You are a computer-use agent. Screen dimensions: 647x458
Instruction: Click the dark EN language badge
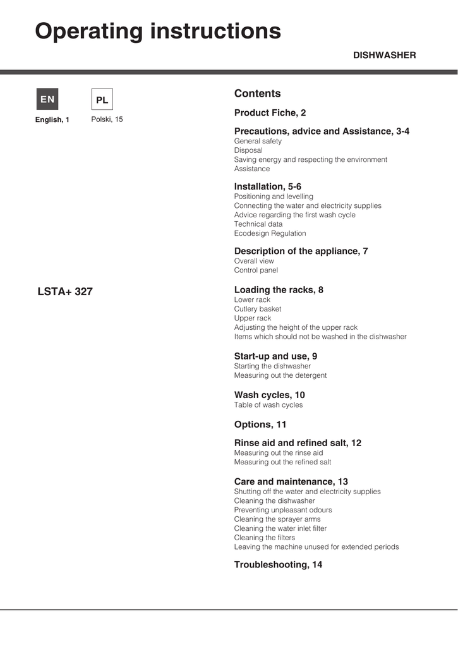47,99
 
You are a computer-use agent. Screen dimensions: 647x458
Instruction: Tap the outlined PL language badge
102,100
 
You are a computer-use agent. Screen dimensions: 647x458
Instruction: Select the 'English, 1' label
52,120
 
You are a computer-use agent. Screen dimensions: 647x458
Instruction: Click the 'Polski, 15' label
107,119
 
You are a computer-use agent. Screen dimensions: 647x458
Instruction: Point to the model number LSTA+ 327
65,292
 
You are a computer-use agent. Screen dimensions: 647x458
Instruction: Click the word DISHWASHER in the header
384,56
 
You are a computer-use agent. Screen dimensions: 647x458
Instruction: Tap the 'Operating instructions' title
158,31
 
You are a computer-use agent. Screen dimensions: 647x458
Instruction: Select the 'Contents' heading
257,94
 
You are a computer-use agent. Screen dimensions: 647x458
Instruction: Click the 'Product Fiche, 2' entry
270,113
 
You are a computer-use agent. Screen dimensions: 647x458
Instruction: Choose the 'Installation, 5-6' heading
267,186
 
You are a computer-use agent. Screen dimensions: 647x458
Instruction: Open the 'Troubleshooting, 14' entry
278,565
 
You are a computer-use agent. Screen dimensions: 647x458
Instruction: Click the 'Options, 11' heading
260,425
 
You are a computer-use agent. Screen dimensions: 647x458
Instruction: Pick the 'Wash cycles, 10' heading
269,395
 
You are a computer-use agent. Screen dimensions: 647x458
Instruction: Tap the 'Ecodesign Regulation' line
270,233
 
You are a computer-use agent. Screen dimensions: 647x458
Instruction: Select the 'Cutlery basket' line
258,309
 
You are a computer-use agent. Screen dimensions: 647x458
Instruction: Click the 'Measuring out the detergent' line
280,375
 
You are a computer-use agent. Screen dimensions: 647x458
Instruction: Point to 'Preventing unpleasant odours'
283,510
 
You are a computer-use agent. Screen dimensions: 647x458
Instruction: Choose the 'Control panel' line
256,270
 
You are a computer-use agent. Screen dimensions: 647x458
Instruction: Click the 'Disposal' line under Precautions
248,150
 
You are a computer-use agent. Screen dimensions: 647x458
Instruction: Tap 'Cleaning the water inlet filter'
280,528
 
